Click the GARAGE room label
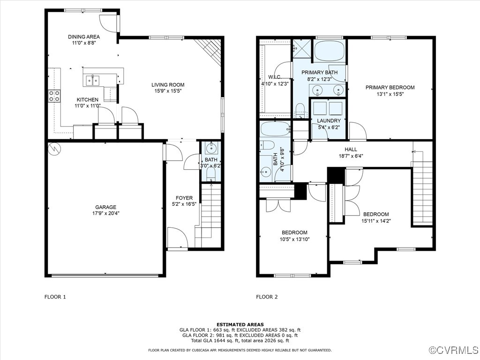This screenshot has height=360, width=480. [105, 207]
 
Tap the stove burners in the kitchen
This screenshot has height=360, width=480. [54, 96]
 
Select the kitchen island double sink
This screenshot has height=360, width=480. [92, 80]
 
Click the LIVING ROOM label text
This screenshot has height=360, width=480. [168, 85]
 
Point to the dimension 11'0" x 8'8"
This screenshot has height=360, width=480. [84, 43]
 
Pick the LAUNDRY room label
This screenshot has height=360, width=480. [329, 120]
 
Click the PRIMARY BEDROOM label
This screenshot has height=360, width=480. [390, 87]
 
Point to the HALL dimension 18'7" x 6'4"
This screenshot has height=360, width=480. [351, 156]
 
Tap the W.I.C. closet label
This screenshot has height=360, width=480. [275, 77]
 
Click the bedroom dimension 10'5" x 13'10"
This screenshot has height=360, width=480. [294, 239]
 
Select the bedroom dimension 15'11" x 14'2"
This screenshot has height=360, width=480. [376, 221]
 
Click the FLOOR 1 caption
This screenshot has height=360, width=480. [55, 297]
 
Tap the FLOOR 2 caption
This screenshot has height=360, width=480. [267, 297]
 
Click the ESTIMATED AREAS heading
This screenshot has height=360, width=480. [240, 324]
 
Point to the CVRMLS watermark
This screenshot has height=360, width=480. [454, 350]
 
